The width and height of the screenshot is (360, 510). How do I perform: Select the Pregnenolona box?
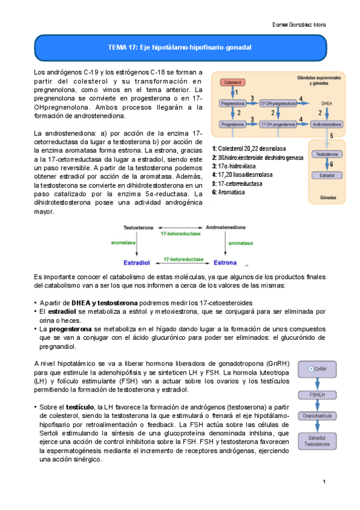(231, 103)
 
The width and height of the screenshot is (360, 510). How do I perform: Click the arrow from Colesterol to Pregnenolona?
(231, 92)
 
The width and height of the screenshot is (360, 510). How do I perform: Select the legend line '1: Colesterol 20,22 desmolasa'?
(249, 149)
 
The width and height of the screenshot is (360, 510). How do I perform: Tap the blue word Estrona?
(227, 263)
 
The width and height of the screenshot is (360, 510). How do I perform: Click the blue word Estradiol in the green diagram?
(136, 263)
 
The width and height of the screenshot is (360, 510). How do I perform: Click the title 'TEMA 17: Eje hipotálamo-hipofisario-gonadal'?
(179, 47)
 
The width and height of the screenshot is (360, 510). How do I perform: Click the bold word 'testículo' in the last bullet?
(81, 407)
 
